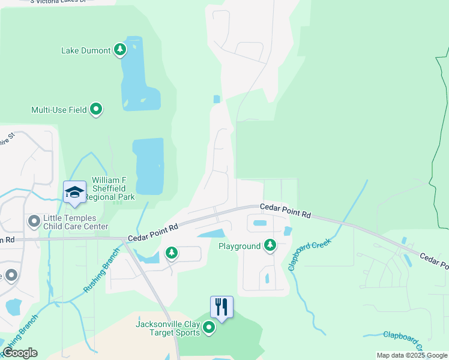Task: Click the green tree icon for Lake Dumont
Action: click(120, 50)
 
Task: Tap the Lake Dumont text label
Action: click(86, 50)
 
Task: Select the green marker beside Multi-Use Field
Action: click(96, 109)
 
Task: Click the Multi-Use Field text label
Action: click(59, 110)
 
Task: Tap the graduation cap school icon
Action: click(74, 192)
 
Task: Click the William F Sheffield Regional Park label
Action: click(112, 188)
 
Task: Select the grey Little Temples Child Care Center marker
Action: click(34, 222)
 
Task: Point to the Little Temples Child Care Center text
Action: click(75, 223)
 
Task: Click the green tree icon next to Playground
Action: click(270, 245)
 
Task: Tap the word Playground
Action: click(239, 246)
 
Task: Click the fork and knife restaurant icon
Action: click(221, 307)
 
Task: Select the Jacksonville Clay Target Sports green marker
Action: click(208, 328)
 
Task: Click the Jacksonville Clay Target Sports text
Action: click(167, 328)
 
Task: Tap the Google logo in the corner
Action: click(20, 353)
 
